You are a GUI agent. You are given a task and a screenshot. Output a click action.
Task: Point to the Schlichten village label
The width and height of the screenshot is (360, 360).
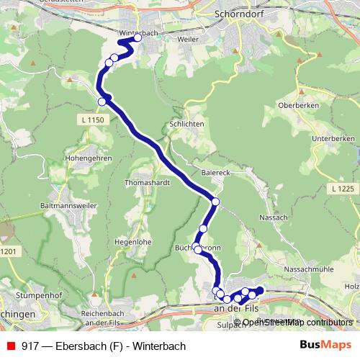187,123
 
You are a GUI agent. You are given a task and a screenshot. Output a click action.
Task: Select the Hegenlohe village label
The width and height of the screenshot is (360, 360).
132,242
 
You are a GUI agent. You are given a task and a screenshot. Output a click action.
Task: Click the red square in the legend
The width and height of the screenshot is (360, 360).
11,346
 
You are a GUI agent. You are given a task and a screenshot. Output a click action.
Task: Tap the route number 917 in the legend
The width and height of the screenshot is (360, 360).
31,346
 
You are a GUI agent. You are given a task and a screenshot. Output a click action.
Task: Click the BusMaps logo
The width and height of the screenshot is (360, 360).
325,345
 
